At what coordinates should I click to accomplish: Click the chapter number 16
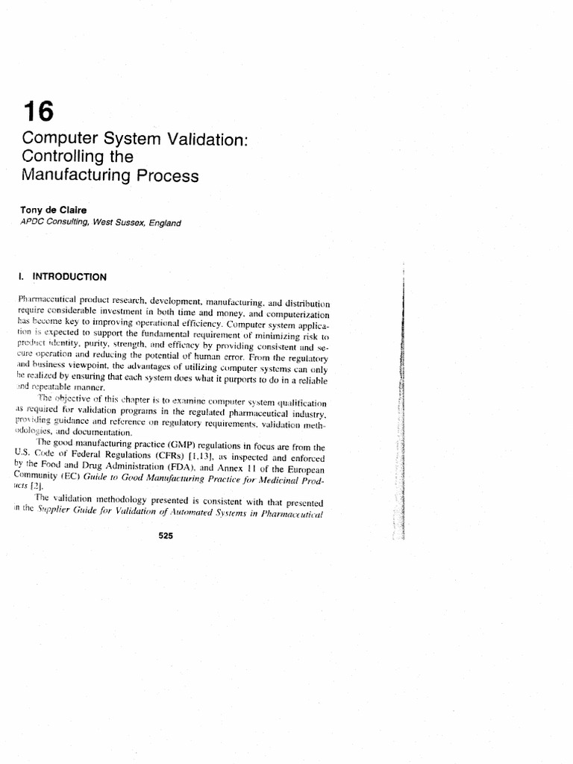tap(38, 113)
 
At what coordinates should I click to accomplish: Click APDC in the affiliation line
tap(36, 222)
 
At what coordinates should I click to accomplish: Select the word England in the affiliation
tap(163, 222)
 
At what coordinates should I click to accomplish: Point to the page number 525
tap(166, 544)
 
